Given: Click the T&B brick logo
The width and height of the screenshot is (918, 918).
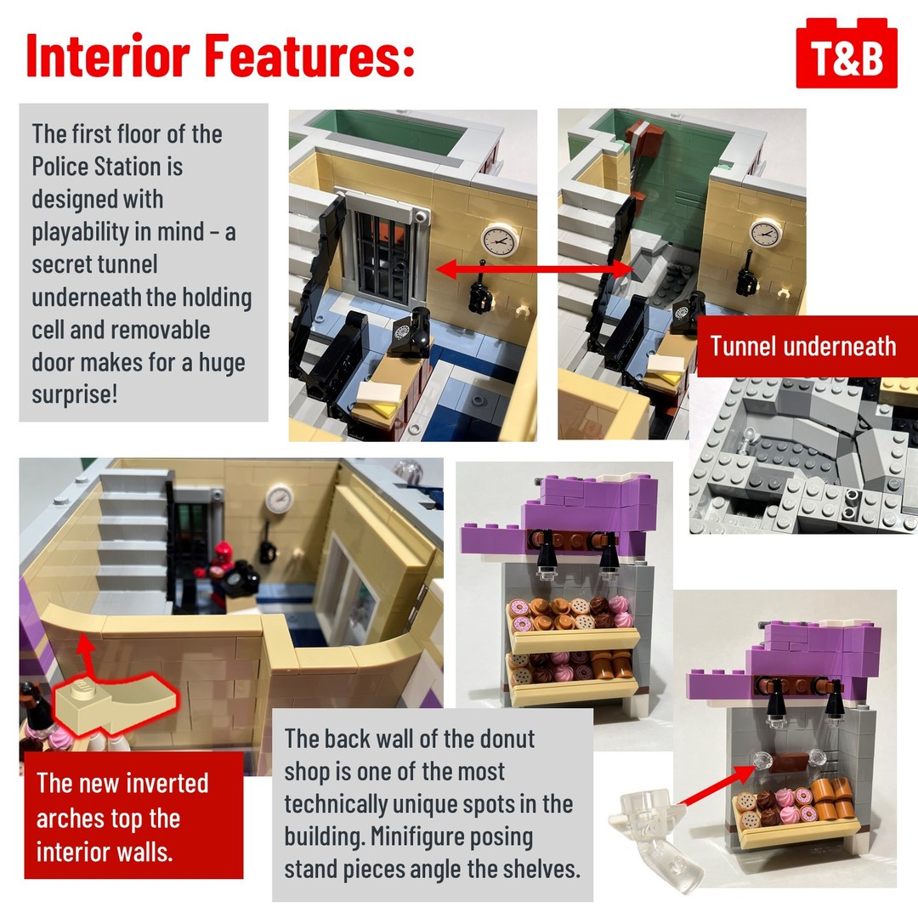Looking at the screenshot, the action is pyautogui.click(x=846, y=54).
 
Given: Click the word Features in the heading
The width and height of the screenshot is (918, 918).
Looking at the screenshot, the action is pyautogui.click(x=309, y=55).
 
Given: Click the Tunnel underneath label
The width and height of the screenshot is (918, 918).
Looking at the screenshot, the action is pyautogui.click(x=802, y=346).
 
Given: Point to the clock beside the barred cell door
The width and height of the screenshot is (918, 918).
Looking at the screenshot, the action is pyautogui.click(x=500, y=240).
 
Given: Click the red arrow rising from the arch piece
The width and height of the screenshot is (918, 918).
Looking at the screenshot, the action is pyautogui.click(x=87, y=658).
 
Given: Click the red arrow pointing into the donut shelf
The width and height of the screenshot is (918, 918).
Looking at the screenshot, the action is pyautogui.click(x=717, y=784).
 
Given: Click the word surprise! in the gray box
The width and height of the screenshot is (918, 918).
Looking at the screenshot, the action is pyautogui.click(x=75, y=394).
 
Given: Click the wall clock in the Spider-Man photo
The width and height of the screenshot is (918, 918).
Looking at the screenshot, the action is pyautogui.click(x=279, y=498).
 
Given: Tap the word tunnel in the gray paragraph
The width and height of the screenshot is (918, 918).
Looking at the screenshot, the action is pyautogui.click(x=127, y=264).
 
